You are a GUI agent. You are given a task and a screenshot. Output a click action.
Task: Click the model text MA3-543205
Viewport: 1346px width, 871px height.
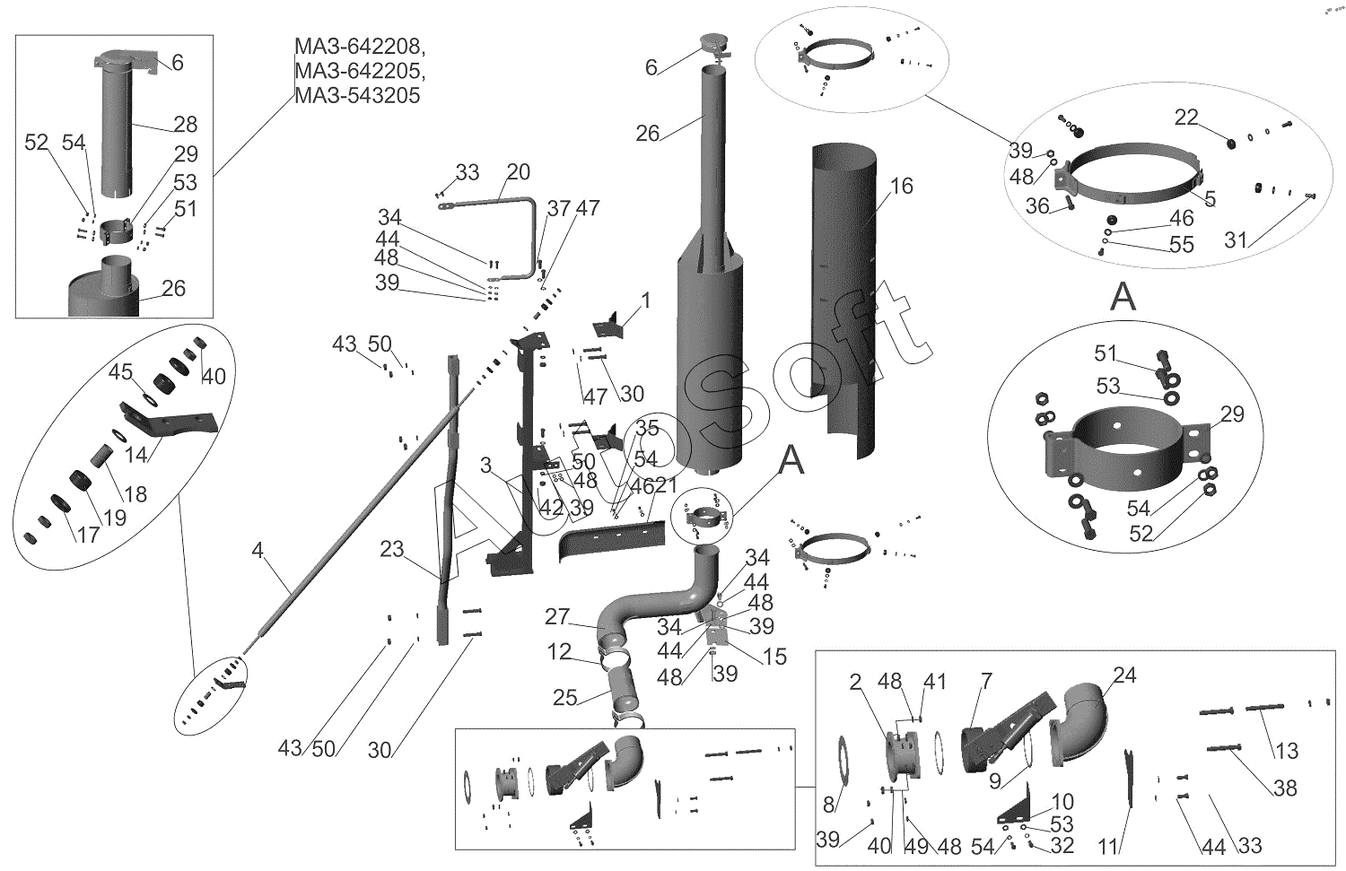tap(357, 95)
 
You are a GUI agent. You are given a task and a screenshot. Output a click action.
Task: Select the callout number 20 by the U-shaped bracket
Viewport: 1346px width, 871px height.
tap(518, 172)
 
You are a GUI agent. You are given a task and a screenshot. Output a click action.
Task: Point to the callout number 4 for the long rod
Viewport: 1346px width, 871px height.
tap(258, 550)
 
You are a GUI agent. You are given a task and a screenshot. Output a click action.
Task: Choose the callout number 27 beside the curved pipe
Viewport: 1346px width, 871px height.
tap(557, 617)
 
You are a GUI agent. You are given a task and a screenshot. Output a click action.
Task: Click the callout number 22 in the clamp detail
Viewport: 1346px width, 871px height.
tap(1186, 118)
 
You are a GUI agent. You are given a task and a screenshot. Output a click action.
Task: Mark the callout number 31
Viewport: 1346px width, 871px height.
tap(1236, 240)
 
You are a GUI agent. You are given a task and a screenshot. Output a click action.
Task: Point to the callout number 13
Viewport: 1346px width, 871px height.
tap(1287, 750)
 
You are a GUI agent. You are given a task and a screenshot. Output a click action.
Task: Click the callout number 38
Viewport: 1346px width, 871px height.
tap(1285, 788)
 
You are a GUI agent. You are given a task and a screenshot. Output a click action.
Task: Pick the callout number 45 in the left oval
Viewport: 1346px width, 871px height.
tap(121, 371)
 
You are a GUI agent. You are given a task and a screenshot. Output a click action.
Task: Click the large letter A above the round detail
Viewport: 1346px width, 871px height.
tap(1123, 296)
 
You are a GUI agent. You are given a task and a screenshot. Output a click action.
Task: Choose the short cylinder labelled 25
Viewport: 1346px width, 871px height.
tap(624, 692)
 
